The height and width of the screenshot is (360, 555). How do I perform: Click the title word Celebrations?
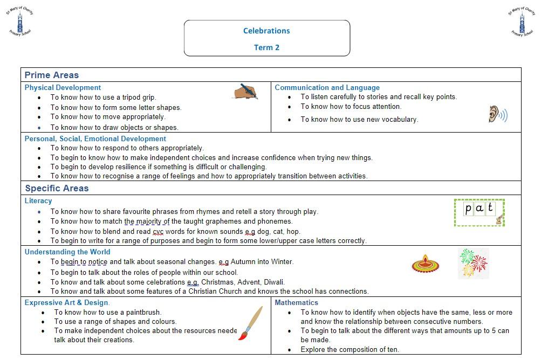pos(266,31)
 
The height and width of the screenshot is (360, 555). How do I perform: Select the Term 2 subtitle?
pos(266,47)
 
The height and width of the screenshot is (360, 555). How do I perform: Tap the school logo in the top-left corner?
pos(19,22)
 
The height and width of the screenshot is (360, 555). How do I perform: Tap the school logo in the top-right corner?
pos(522,22)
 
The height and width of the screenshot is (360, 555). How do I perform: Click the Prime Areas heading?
pos(52,75)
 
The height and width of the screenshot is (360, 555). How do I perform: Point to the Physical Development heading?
pos(63,87)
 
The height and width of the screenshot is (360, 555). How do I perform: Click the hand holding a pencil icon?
pos(246,91)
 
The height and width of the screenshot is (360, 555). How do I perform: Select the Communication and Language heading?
pos(327,87)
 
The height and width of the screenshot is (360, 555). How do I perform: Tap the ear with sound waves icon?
pos(497,114)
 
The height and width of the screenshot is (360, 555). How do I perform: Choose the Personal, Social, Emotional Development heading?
pos(95,139)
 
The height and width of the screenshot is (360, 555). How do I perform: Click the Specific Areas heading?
pos(57,189)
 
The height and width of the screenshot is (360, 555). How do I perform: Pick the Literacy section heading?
pos(38,200)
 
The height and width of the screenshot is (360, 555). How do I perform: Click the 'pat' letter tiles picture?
pos(479,212)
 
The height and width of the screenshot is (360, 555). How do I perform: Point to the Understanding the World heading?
pos(67,252)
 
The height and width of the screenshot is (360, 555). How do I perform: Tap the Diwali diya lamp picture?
pos(426,265)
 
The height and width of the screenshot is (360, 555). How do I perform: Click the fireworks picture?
pos(474,263)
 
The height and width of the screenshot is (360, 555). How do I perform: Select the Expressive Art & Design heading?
pos(67,302)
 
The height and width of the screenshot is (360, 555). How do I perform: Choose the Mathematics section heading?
pos(296,302)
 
